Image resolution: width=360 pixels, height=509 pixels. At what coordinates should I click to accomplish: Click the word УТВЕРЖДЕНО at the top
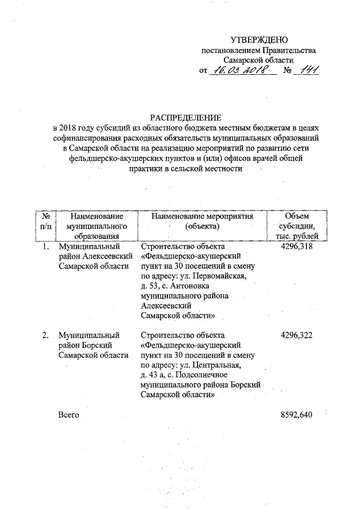(259, 40)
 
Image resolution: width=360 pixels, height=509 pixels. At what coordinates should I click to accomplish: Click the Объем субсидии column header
(297, 226)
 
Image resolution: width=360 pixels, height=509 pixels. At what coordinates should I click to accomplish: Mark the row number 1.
(45, 247)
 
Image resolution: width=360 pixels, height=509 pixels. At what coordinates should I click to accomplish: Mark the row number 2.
(45, 336)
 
